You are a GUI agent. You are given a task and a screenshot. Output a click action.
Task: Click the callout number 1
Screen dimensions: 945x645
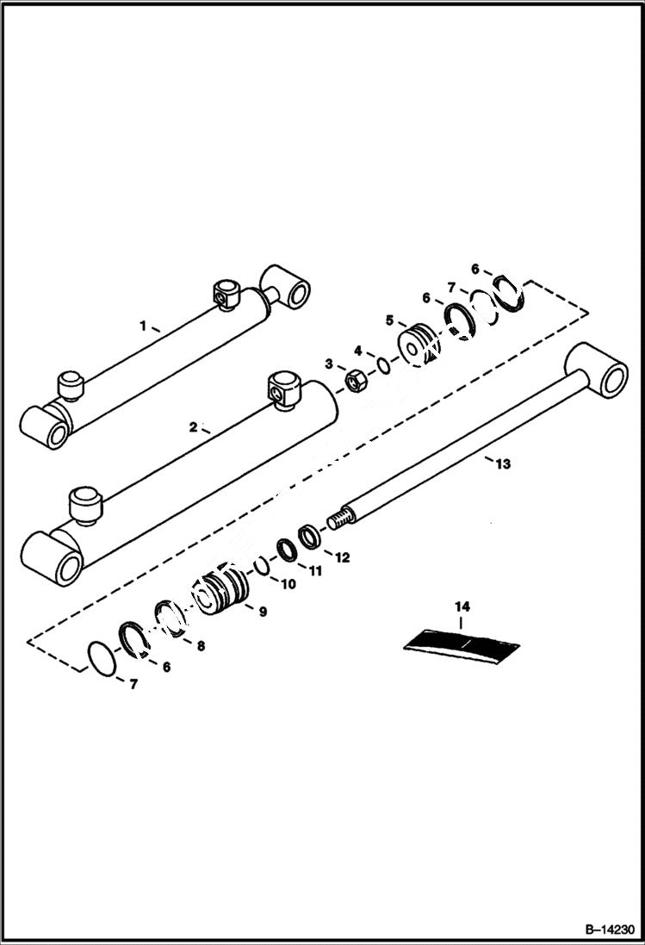(x=144, y=326)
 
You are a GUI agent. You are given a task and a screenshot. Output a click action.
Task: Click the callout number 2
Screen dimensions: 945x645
(x=193, y=426)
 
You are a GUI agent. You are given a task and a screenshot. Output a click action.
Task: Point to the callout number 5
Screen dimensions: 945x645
(x=389, y=320)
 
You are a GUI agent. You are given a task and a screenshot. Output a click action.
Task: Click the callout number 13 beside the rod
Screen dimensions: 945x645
(x=503, y=464)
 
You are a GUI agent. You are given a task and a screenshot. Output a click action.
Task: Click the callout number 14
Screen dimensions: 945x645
(x=460, y=606)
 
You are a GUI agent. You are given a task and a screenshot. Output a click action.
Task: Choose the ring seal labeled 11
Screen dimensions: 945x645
(x=286, y=549)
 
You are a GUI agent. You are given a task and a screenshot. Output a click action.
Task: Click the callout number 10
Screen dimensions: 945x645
(x=288, y=584)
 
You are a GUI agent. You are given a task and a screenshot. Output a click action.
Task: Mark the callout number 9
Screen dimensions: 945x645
(x=262, y=612)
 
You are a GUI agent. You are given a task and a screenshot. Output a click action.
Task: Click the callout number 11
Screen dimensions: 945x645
(x=315, y=570)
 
